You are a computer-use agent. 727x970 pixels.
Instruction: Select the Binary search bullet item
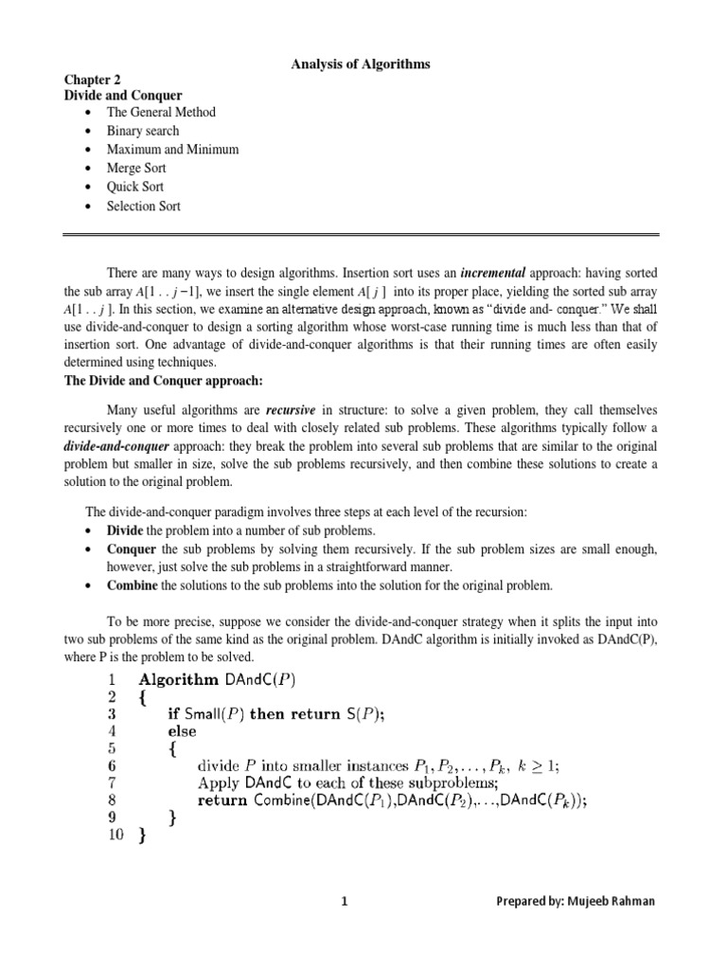coord(142,131)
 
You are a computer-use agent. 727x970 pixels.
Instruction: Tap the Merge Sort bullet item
coord(136,169)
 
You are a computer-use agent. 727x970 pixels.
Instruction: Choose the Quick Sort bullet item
coord(135,188)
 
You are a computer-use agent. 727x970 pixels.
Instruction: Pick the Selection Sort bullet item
coord(143,207)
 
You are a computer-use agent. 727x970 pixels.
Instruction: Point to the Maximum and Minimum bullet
coord(172,150)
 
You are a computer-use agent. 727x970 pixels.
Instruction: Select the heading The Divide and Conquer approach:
coord(162,380)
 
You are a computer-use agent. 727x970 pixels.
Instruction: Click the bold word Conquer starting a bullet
coord(131,549)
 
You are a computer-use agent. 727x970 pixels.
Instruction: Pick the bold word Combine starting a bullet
coord(133,585)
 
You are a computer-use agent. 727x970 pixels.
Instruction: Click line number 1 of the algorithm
coord(112,679)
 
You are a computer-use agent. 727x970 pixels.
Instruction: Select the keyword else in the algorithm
coord(183,731)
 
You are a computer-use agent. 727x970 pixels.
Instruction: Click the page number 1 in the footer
coord(346,901)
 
